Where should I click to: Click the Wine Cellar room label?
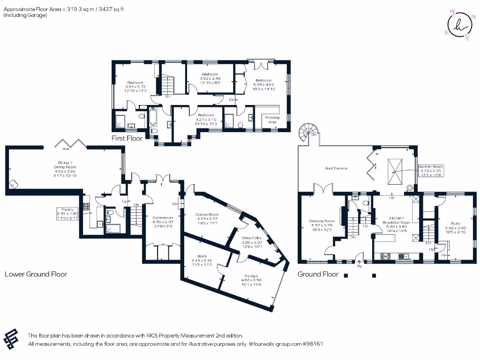(x=251, y=238)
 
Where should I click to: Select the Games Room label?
(x=207, y=214)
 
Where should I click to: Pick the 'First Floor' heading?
(x=127, y=138)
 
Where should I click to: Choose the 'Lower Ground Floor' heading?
(x=36, y=274)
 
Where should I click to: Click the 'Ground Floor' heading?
(x=318, y=274)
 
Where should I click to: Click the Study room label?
(x=455, y=224)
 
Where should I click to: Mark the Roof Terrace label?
(x=337, y=168)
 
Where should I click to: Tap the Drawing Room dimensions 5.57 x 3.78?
(x=322, y=225)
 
